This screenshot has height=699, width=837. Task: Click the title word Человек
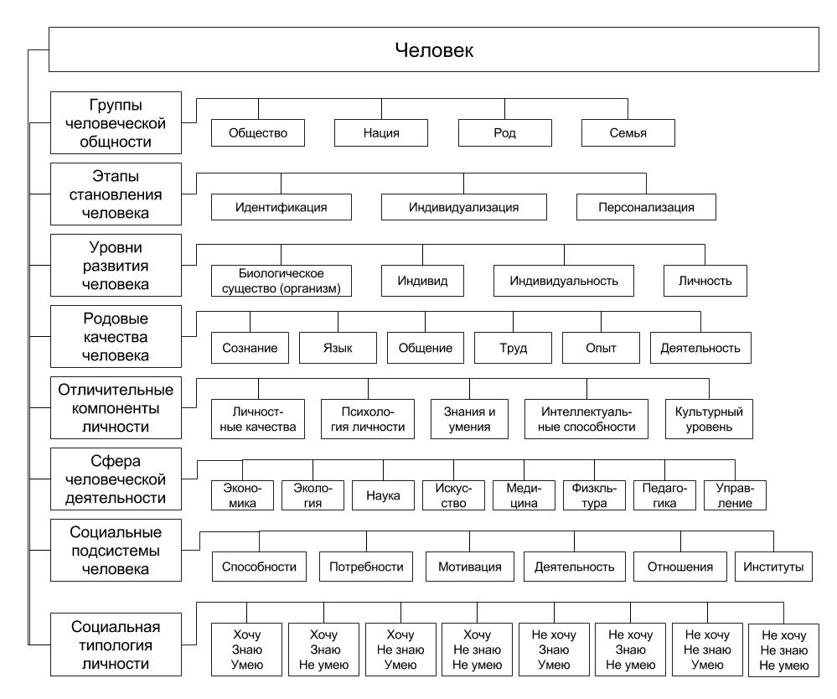coord(434,50)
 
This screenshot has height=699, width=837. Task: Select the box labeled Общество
coord(258,133)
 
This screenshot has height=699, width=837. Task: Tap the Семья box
coord(628,133)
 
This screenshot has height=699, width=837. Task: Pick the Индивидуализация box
coord(464,207)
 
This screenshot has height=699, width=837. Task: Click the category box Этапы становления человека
coord(116,194)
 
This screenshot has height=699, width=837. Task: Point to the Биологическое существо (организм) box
coord(282,281)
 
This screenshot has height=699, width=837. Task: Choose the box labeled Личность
coord(705,281)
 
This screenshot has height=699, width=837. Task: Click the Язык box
coord(338,348)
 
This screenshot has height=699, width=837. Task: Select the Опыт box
coord(601,348)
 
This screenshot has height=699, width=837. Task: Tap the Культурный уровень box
coord(709,419)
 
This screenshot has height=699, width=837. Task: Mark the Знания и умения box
coord(469,419)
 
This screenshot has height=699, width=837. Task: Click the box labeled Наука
coord(383,495)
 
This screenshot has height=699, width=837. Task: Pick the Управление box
coord(735,495)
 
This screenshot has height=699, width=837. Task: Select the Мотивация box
coord(470,567)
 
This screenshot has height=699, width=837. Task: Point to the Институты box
coord(773,567)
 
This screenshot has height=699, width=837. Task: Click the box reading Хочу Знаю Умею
coord(246,650)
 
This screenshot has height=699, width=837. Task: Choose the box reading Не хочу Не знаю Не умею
coord(783,650)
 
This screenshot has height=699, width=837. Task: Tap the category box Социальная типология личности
coord(116,645)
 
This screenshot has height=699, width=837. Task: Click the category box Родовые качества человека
coord(116,337)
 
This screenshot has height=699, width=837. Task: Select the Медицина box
coord(524,495)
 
